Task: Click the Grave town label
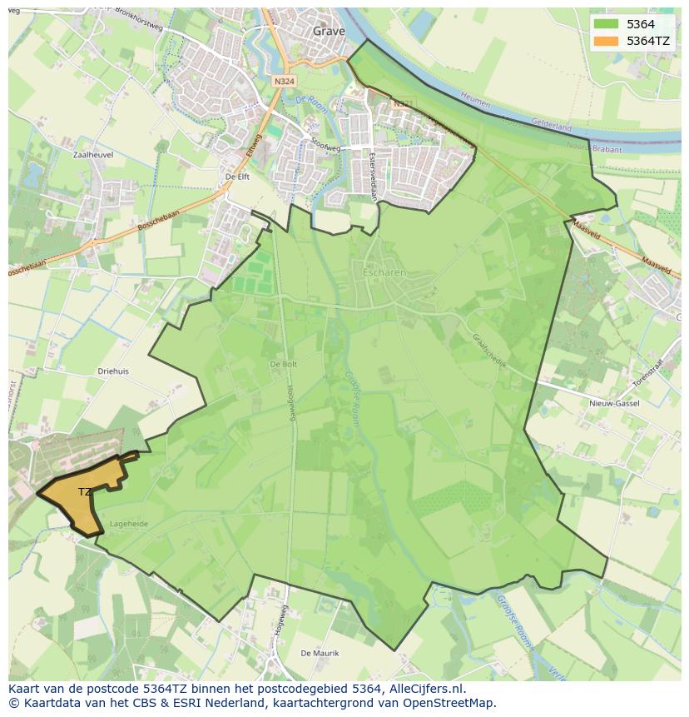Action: tap(329, 32)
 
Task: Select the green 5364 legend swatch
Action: tap(606, 24)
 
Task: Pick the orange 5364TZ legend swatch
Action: tap(606, 40)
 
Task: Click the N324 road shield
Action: tap(283, 81)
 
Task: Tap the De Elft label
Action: tap(237, 177)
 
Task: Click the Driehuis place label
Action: tap(113, 371)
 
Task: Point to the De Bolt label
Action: tap(283, 365)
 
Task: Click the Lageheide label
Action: tap(128, 525)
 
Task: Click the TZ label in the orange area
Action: tap(84, 492)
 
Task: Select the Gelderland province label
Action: tap(552, 127)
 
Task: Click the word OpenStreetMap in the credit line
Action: tap(454, 703)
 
